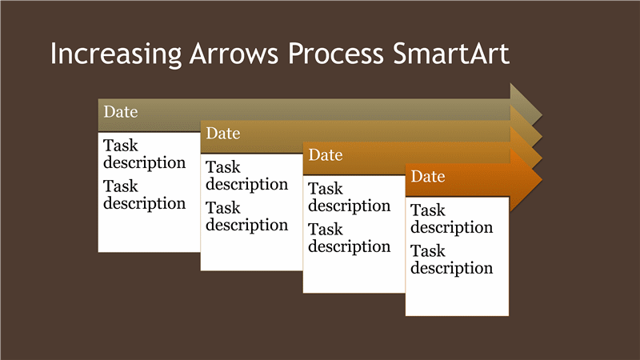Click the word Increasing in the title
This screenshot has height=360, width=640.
[x=115, y=54]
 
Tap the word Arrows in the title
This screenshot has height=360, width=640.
[x=234, y=54]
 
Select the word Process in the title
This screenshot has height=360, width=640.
[x=336, y=54]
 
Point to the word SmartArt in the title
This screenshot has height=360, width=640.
[x=451, y=54]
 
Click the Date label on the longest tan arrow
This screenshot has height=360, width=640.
[x=121, y=112]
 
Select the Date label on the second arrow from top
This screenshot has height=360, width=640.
[x=223, y=134]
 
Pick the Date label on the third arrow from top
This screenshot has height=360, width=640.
[x=326, y=155]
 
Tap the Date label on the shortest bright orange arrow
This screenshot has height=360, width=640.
[x=428, y=177]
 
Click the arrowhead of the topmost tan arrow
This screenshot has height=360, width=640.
[x=525, y=102]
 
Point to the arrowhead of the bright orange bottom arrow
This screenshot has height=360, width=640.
[x=526, y=179]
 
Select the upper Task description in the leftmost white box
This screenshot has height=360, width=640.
[x=145, y=154]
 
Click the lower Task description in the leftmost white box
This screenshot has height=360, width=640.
[x=145, y=195]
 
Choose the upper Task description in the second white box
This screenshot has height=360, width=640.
[x=247, y=176]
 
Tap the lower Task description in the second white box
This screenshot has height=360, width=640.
[x=247, y=217]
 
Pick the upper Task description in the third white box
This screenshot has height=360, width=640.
[x=350, y=198]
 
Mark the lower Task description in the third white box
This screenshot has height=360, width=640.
[x=350, y=238]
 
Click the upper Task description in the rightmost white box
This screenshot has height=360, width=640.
[x=452, y=219]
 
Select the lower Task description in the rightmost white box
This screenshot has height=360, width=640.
[x=452, y=260]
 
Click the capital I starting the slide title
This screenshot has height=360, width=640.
[x=53, y=54]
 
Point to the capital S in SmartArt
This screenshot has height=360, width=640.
[x=399, y=54]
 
